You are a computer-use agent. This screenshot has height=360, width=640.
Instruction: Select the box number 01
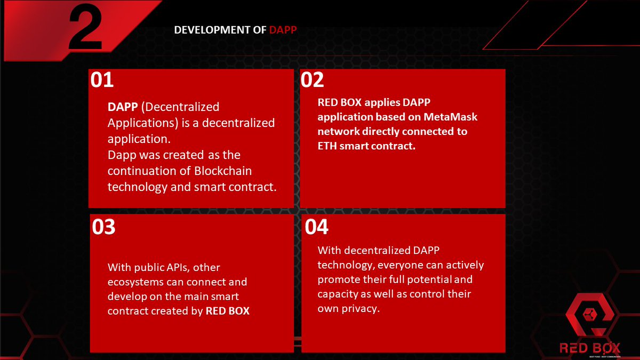(x=102, y=79)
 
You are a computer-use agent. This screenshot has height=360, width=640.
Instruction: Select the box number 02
(x=313, y=79)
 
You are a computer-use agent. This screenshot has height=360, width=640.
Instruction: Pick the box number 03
(x=103, y=227)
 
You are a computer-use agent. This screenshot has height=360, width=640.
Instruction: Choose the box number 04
(x=317, y=227)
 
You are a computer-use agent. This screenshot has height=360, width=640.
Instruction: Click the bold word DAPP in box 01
(x=122, y=107)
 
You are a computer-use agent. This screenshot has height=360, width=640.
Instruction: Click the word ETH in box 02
(x=327, y=145)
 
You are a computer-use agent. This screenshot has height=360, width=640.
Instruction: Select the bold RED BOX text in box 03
(x=227, y=310)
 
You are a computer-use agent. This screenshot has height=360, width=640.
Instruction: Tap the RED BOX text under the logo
(x=590, y=348)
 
